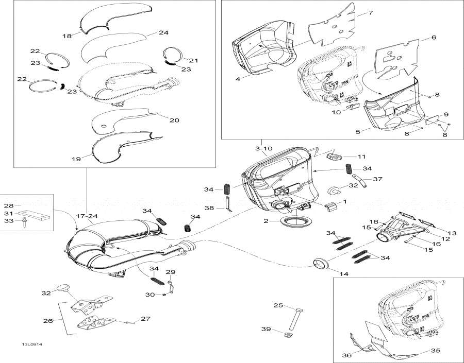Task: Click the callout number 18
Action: coord(67,36)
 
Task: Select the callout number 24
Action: coord(163,33)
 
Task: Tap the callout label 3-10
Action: coord(263,148)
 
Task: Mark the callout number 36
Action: coord(346,355)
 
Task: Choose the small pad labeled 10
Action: coord(354,108)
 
